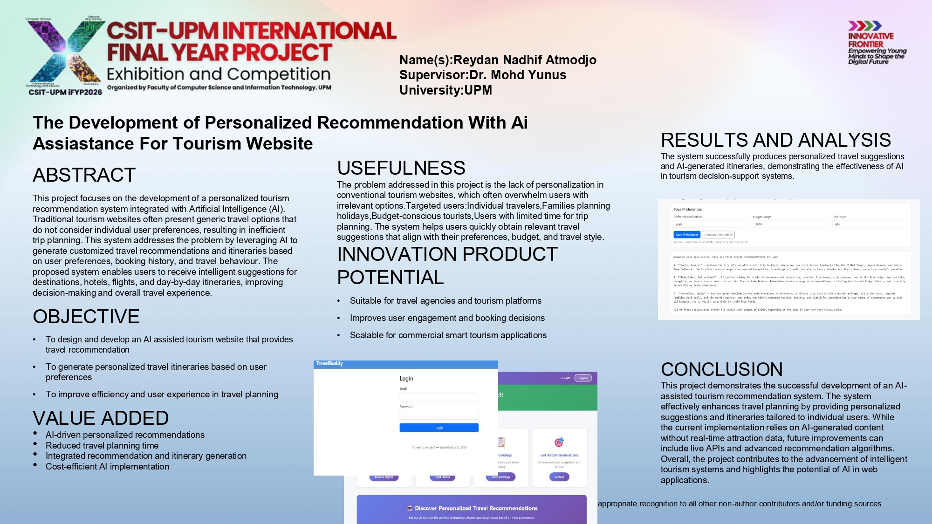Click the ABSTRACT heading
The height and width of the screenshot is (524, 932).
84,175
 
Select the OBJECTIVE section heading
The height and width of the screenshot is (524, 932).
86,317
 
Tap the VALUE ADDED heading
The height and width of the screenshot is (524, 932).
101,418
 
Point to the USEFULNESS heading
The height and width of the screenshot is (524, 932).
401,168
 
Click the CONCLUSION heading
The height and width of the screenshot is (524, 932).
721,369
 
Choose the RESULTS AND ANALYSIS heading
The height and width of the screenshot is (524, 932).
775,140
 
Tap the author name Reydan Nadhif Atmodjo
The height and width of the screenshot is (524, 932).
525,60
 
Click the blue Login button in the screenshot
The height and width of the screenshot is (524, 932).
439,428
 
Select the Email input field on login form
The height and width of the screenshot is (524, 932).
439,397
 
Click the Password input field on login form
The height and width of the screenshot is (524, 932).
439,415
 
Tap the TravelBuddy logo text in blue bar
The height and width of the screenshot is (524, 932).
329,363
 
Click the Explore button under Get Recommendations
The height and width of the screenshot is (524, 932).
559,477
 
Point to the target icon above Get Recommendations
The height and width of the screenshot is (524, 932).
559,442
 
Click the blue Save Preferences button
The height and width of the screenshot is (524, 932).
686,235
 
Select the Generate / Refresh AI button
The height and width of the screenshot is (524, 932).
718,235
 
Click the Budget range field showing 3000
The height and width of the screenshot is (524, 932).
790,225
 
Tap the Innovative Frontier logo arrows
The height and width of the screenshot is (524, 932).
864,26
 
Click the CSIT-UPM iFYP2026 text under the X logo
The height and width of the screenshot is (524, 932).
65,92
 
